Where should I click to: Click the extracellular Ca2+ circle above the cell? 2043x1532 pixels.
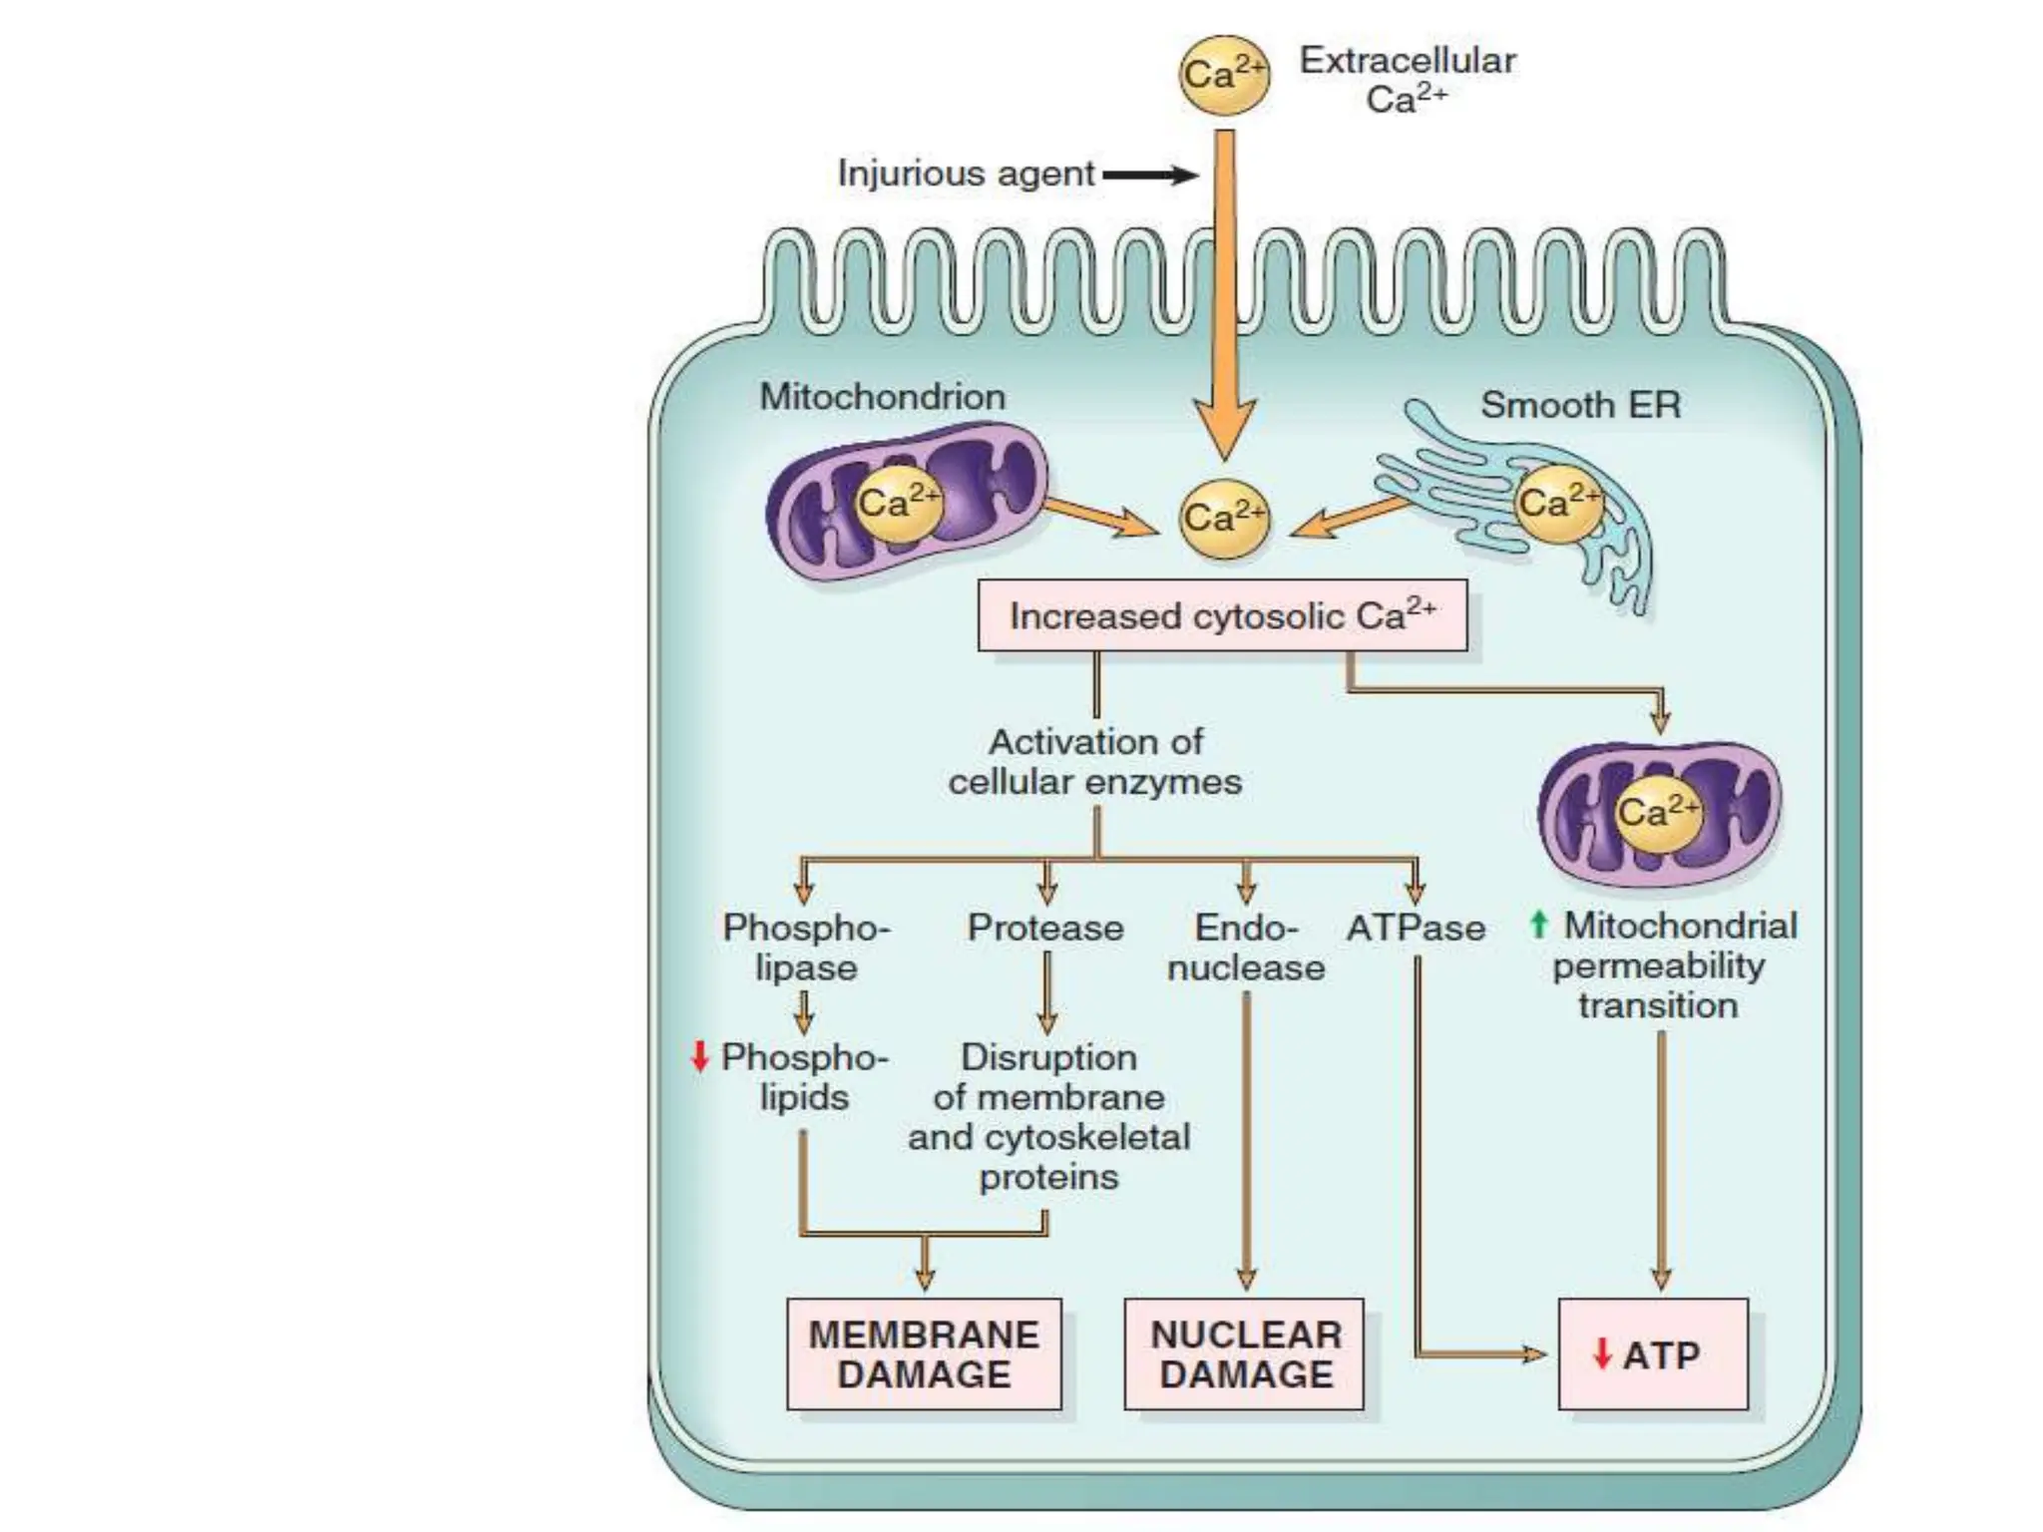(1224, 75)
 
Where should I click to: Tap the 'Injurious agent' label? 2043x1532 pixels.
(966, 174)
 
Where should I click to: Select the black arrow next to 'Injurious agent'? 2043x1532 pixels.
(1149, 176)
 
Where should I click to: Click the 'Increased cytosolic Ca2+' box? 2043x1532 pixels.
(1222, 616)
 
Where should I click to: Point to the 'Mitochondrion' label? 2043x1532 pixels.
(883, 397)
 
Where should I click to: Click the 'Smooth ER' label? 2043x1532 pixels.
(1580, 405)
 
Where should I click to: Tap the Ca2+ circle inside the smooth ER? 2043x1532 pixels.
(1557, 503)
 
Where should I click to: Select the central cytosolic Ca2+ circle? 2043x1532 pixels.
(1224, 519)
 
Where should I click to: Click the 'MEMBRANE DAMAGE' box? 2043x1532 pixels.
(924, 1353)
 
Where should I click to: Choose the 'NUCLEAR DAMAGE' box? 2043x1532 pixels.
(1245, 1353)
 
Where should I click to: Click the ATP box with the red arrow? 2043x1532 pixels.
(1653, 1353)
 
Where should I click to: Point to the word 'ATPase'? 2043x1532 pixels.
(1416, 929)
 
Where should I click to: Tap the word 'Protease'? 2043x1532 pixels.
(1045, 929)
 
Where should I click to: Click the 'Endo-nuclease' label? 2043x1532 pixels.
(1246, 948)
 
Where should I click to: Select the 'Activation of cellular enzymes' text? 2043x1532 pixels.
(1095, 762)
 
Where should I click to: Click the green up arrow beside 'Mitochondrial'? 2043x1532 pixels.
(1538, 925)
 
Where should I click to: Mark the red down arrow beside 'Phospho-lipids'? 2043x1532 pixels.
(699, 1056)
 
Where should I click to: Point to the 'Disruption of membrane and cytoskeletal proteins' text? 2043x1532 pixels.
(1048, 1117)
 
